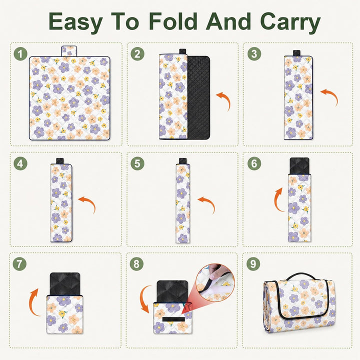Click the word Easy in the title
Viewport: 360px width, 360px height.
tap(75, 22)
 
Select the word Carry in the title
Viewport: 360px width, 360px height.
tap(290, 22)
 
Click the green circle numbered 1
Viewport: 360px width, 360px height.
tap(20, 54)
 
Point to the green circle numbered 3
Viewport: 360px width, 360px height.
tap(254, 54)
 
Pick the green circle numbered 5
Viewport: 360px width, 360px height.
tap(137, 163)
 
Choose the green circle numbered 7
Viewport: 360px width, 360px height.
tap(19, 264)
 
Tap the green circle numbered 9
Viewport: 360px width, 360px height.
tap(253, 264)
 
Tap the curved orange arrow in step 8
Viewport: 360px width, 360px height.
tap(142, 298)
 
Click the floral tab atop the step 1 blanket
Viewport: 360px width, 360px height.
tap(69, 51)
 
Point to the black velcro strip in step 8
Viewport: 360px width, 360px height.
tap(173, 319)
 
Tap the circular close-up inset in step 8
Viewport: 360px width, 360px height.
tap(215, 282)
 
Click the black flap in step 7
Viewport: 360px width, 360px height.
tap(65, 284)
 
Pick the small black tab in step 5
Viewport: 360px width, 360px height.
tap(183, 160)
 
